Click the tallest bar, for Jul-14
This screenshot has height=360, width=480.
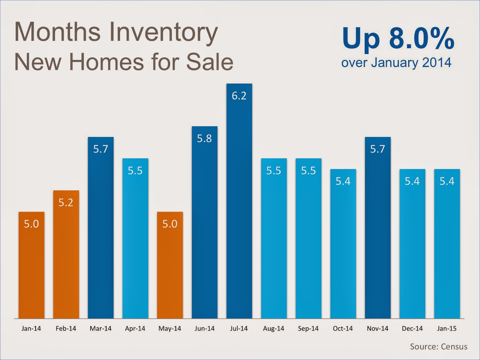[x=239, y=210]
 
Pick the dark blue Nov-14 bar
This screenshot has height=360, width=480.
[x=378, y=234]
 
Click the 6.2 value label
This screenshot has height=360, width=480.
[x=239, y=96]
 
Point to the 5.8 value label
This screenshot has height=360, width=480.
[x=204, y=139]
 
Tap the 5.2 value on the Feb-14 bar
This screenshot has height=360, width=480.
[x=66, y=203]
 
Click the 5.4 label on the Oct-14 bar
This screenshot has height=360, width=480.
[x=343, y=181]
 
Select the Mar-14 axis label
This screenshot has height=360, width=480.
[x=100, y=328]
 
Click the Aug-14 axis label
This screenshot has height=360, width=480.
[x=274, y=328]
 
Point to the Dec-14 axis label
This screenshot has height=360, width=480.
[x=412, y=328]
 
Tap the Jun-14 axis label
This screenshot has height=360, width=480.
[x=204, y=328]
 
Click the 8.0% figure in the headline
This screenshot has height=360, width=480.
[x=421, y=38]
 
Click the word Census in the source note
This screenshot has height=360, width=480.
[x=454, y=347]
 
